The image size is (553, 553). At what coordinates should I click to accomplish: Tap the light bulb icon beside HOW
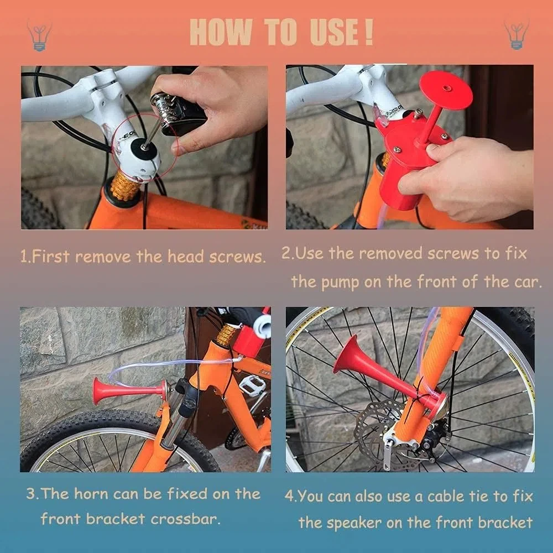(39, 36)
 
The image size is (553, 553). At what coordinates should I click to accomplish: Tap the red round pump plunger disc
(446, 90)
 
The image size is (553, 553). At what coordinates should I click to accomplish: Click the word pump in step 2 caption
(340, 283)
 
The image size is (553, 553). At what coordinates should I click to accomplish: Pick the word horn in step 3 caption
(91, 494)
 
